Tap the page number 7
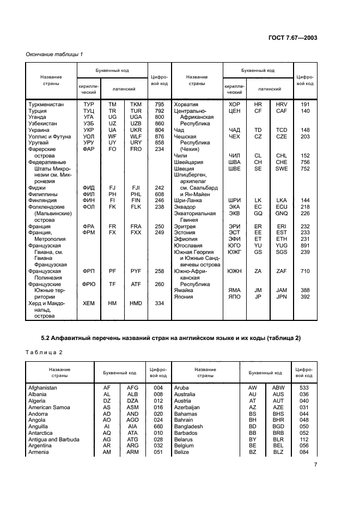[x=315, y=464]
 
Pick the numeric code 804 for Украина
[x=160, y=130]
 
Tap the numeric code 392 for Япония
[x=305, y=297]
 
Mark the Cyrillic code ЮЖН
[x=235, y=271]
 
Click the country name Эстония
[x=185, y=232]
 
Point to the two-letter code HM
[x=113, y=303]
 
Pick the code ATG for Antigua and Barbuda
[x=133, y=439]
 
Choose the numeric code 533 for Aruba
[x=304, y=387]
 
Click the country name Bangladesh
[x=188, y=426]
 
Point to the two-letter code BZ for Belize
[x=252, y=452]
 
